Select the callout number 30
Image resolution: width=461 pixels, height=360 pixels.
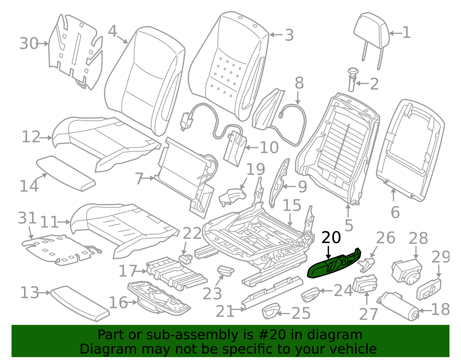[x=29, y=44]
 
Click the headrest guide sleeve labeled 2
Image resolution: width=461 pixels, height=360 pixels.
[x=353, y=80]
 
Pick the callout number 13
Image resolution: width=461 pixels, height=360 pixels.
[x=29, y=293]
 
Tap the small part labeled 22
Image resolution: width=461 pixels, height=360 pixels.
[x=186, y=259]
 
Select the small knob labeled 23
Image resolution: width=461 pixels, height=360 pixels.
[x=226, y=271]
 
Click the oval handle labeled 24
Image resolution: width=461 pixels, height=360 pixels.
[x=310, y=295]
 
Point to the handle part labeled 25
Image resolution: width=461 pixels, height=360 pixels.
[x=271, y=311]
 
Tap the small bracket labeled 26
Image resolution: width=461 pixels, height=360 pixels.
[x=366, y=265]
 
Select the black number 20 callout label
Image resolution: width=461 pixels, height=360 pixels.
[x=331, y=238]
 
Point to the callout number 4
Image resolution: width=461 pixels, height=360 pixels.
[x=112, y=31]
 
